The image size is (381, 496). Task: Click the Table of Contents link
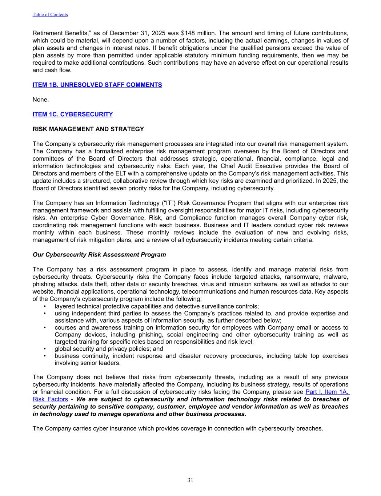(50, 15)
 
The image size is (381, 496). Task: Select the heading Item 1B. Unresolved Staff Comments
(97, 85)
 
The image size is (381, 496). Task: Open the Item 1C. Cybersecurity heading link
(72, 114)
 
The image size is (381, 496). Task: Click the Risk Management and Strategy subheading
(88, 129)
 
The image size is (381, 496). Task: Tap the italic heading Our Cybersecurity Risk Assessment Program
(99, 254)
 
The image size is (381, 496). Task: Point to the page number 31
(190, 480)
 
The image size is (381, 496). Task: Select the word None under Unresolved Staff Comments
(40, 99)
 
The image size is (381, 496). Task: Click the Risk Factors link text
(50, 399)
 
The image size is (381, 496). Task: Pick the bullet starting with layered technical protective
(156, 306)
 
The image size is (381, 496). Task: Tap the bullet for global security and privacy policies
(109, 349)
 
